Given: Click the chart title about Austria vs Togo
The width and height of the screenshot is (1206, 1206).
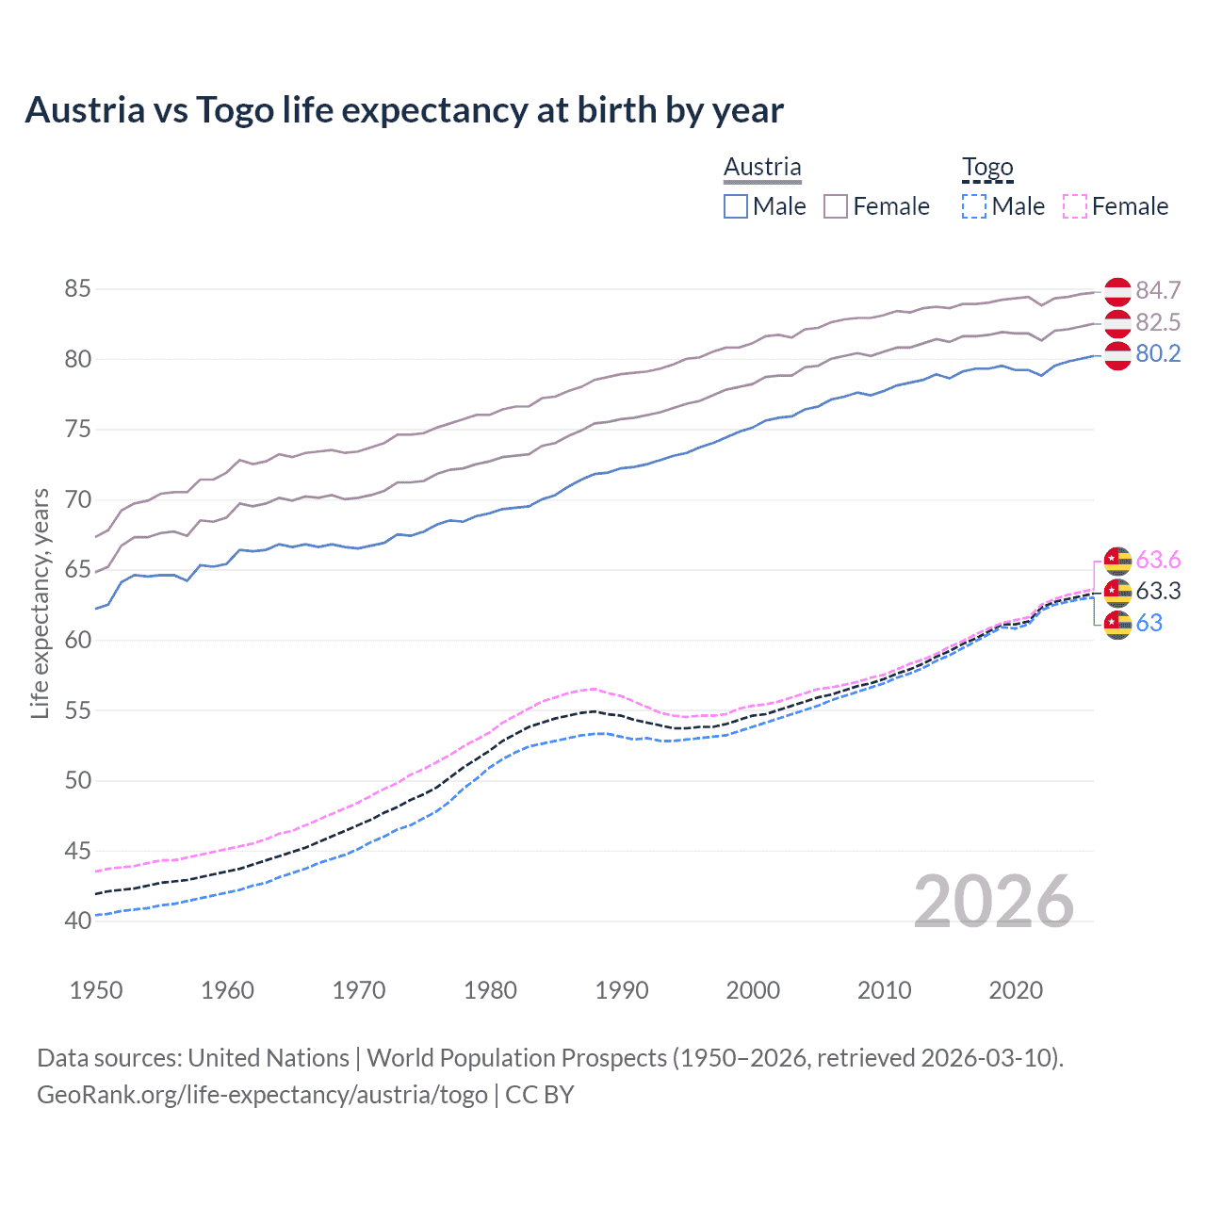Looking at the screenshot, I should coord(403,110).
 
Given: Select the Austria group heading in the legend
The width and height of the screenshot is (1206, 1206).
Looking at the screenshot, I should coord(762,168).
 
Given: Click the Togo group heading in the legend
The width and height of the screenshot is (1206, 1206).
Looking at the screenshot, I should coord(986,168).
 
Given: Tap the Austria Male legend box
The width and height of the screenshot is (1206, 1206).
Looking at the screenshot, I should coord(736,206).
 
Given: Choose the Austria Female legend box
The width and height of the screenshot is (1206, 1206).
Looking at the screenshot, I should coord(836,206).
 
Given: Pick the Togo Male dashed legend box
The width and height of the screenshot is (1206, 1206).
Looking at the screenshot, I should coord(974,206).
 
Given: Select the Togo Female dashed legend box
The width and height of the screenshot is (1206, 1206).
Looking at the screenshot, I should coord(1074,206).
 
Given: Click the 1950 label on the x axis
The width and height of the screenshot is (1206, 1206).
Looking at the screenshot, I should coord(96,990).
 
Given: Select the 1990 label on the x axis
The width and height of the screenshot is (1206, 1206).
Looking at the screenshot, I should coord(622,990).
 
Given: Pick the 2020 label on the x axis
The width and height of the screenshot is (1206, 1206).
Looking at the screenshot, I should coord(1016,990).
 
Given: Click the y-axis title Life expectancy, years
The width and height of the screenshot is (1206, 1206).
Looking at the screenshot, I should coord(40,603).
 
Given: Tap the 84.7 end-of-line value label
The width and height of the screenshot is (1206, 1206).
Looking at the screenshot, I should coord(1158,290).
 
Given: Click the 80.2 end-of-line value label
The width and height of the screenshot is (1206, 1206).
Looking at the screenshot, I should coord(1158,353).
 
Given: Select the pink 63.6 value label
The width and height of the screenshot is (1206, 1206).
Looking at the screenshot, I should coord(1158,561).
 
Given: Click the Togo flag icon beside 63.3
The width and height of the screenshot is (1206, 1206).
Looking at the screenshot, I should coord(1117,592).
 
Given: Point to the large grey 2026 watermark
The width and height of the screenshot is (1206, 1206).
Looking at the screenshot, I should coord(993,902).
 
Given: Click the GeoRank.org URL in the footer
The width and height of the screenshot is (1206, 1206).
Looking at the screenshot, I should coord(262,1095).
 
